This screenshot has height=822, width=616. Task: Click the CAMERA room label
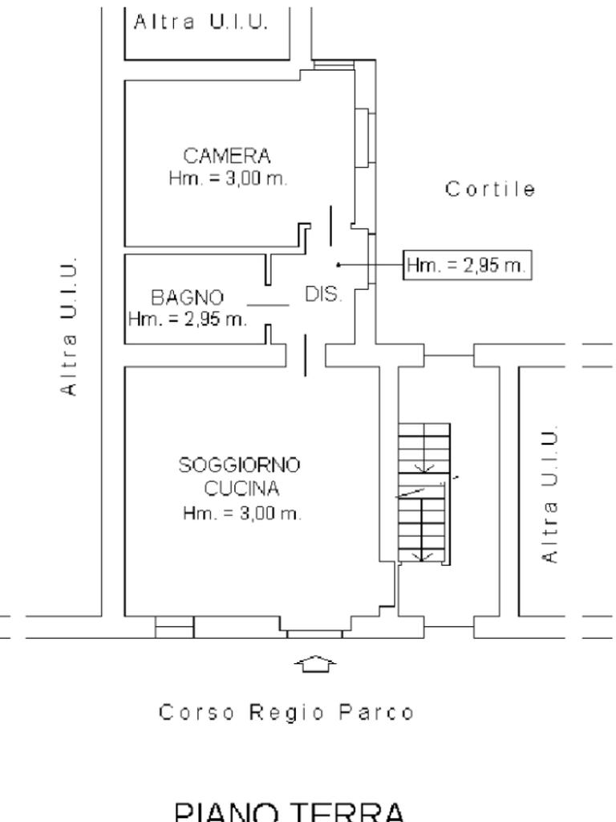(x=227, y=155)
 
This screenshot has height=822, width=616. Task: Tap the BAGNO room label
(x=188, y=298)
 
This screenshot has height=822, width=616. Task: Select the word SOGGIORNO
(x=240, y=465)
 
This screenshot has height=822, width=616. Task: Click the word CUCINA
(x=240, y=488)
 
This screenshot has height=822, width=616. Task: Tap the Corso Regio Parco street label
(x=286, y=712)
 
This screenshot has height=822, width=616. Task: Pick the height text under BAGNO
(x=187, y=319)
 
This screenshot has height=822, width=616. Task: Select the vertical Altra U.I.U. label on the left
(x=71, y=326)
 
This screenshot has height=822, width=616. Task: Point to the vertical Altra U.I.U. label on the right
(x=549, y=496)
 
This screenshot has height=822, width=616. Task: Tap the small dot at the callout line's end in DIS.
(x=338, y=264)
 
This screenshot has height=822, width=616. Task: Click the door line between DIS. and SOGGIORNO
(x=305, y=356)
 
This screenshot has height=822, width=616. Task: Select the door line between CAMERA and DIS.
(x=330, y=226)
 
